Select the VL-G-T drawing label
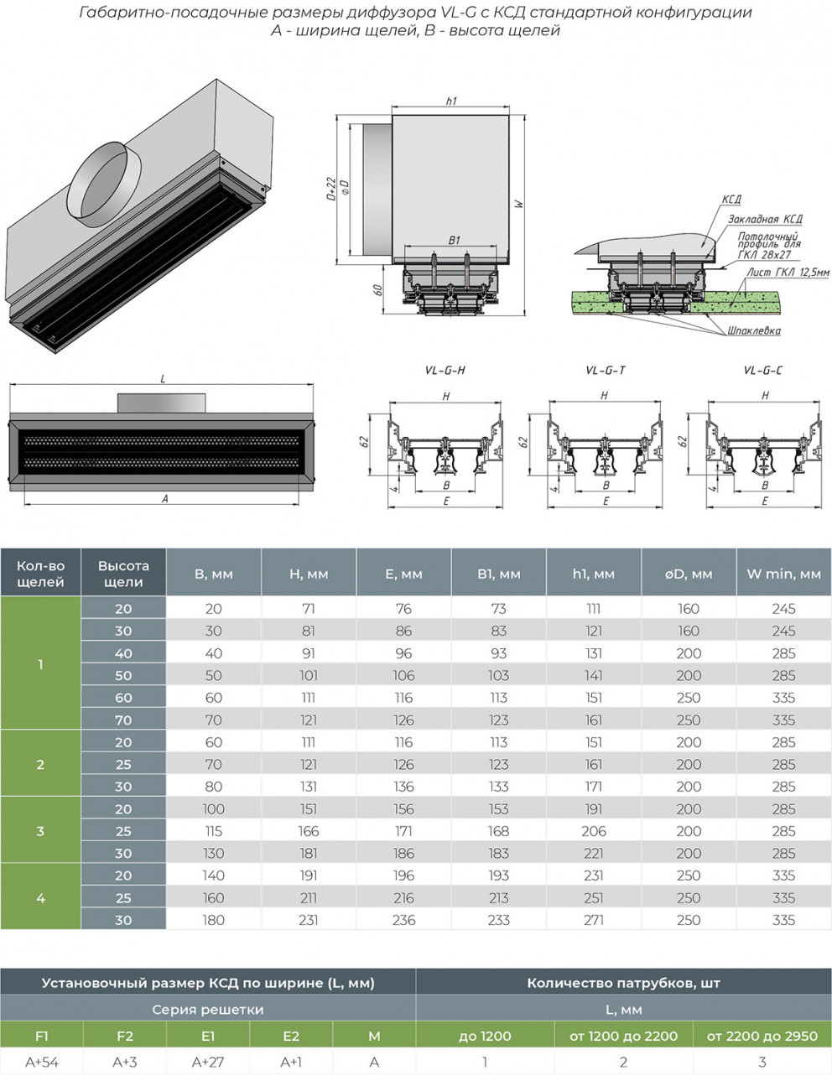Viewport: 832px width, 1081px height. coord(605,371)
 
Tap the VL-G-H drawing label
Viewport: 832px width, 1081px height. coord(445,371)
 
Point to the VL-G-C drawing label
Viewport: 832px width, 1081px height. coord(762,371)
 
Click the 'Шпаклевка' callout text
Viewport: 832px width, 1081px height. coord(753,330)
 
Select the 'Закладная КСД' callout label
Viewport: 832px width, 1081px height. coord(764,219)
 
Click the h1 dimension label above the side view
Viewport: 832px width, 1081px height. coord(451,101)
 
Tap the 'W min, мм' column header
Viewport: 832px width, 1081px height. coord(783,574)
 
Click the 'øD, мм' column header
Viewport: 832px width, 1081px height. coord(688,574)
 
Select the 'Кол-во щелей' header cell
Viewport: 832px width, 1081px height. coord(40,574)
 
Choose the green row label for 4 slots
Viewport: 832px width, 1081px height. coord(40,897)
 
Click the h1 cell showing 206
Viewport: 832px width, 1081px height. coord(593,831)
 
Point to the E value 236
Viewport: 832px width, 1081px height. coord(403,920)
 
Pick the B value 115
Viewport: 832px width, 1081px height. coord(213,831)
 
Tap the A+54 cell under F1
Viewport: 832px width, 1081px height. coord(42,1062)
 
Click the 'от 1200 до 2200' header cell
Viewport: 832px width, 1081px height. coord(623,1036)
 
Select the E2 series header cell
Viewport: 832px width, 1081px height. coord(291,1036)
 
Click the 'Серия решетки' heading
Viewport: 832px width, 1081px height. coord(207,1010)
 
